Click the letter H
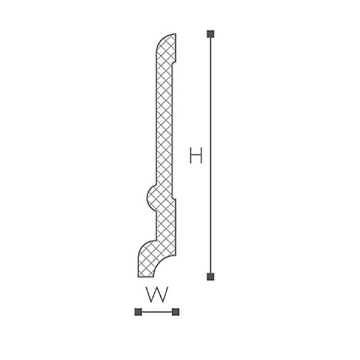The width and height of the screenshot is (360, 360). pyautogui.click(x=196, y=155)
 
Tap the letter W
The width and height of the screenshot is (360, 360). pyautogui.click(x=157, y=295)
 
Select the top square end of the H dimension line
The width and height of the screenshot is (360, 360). pyautogui.click(x=211, y=34)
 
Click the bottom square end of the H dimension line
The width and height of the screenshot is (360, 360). pyautogui.click(x=211, y=277)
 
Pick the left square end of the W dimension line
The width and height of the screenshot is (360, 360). pyautogui.click(x=138, y=312)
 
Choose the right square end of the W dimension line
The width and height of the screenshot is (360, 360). pyautogui.click(x=175, y=312)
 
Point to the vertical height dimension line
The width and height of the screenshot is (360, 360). pyautogui.click(x=211, y=155)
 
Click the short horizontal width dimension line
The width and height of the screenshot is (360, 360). pyautogui.click(x=157, y=312)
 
